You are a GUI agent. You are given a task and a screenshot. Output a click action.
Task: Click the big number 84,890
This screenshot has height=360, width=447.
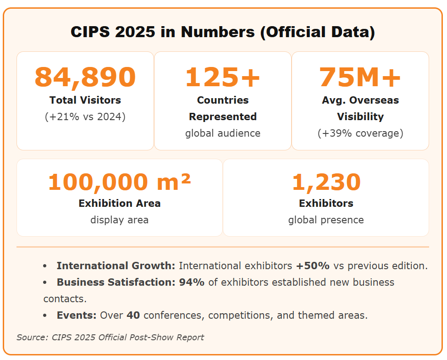pos(85,77)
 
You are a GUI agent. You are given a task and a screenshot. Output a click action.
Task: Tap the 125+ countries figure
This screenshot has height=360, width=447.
pos(223,77)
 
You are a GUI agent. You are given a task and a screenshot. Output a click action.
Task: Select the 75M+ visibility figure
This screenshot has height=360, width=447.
pos(360,77)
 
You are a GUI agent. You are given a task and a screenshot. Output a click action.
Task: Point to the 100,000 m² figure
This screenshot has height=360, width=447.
pos(120,182)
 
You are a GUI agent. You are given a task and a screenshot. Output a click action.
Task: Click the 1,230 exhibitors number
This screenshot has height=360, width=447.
pos(326,182)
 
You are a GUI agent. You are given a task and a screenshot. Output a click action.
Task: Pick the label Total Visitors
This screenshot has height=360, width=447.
pos(85,100)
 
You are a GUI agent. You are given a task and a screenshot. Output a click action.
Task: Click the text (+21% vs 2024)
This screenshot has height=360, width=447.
pos(85,116)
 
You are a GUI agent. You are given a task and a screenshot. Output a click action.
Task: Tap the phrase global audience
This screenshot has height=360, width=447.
pos(223,133)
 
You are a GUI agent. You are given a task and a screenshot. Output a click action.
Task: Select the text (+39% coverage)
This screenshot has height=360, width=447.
pos(360,133)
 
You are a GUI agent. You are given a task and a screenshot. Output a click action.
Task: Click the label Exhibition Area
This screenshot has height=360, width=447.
pos(120,203)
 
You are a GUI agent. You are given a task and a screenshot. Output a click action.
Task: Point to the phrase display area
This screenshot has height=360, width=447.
pos(120,220)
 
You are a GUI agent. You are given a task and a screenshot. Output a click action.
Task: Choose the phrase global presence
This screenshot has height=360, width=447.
pos(326,220)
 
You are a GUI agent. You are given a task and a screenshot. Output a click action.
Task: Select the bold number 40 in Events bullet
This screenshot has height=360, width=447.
pos(133,315)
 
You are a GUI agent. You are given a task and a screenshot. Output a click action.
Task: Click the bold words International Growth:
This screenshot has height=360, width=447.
pos(116,266)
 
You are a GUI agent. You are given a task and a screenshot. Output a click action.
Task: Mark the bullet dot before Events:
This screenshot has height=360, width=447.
pos(44,316)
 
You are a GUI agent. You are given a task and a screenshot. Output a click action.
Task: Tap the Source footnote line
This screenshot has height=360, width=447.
pos(110,338)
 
